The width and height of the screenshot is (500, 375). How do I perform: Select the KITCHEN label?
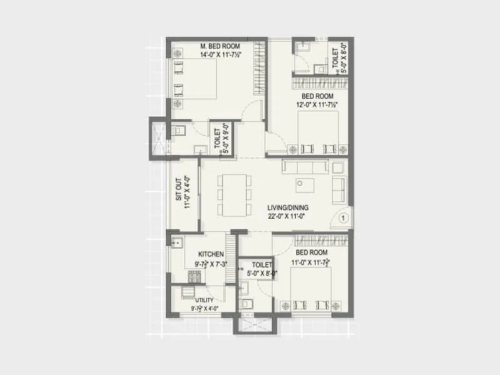(x=211, y=254)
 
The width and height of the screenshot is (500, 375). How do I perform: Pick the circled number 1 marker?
(x=342, y=218)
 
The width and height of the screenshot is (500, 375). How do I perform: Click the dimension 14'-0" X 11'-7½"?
(x=221, y=55)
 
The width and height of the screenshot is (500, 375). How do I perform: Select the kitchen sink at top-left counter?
(x=176, y=243)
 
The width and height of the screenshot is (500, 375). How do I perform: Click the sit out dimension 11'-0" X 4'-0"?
(x=186, y=193)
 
